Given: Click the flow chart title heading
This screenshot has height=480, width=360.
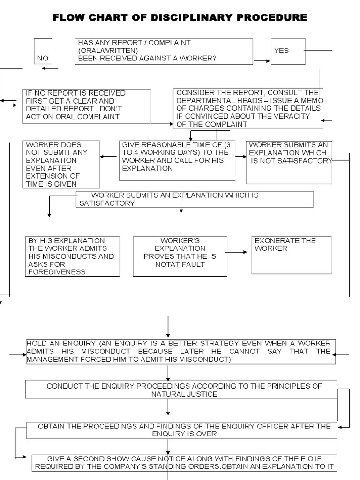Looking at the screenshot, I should pos(180,18).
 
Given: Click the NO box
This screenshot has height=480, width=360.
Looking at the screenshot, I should pos(43,51).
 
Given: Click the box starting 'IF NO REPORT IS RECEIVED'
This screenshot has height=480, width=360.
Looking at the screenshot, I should pos(87,106).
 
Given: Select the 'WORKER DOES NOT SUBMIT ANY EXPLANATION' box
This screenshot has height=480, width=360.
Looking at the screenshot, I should pos(61,165).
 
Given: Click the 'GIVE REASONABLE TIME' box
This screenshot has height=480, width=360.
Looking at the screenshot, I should pos(177,160).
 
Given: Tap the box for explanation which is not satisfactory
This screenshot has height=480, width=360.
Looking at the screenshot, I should pos(289,162).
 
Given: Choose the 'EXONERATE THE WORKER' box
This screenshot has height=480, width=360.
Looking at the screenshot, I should pos(291,255).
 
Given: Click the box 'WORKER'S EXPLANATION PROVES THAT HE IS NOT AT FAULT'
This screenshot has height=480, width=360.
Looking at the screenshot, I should pos(180,256).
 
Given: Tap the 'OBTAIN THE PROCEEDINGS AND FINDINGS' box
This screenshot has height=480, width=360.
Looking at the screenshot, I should pos(181,430).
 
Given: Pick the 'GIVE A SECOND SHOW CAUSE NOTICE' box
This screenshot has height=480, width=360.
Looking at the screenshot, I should pos(185,462).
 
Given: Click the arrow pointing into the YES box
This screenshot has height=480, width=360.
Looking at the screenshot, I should pos(262,60).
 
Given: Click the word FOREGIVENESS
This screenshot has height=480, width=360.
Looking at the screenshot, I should pos(57,272).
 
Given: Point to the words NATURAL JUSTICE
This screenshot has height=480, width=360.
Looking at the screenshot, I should pos(184,394).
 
